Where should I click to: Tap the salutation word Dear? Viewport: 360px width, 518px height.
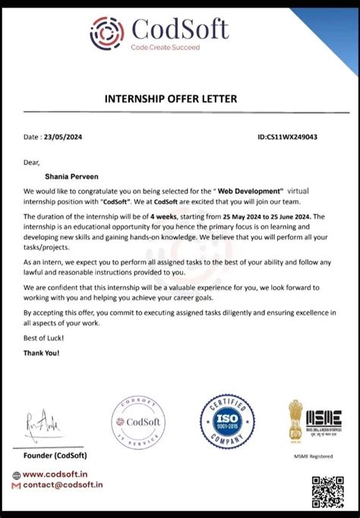[31, 162]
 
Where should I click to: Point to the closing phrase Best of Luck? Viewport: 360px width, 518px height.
[44, 337]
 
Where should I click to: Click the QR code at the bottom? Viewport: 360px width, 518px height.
[327, 492]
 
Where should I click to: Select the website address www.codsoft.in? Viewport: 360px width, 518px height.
[61, 474]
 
